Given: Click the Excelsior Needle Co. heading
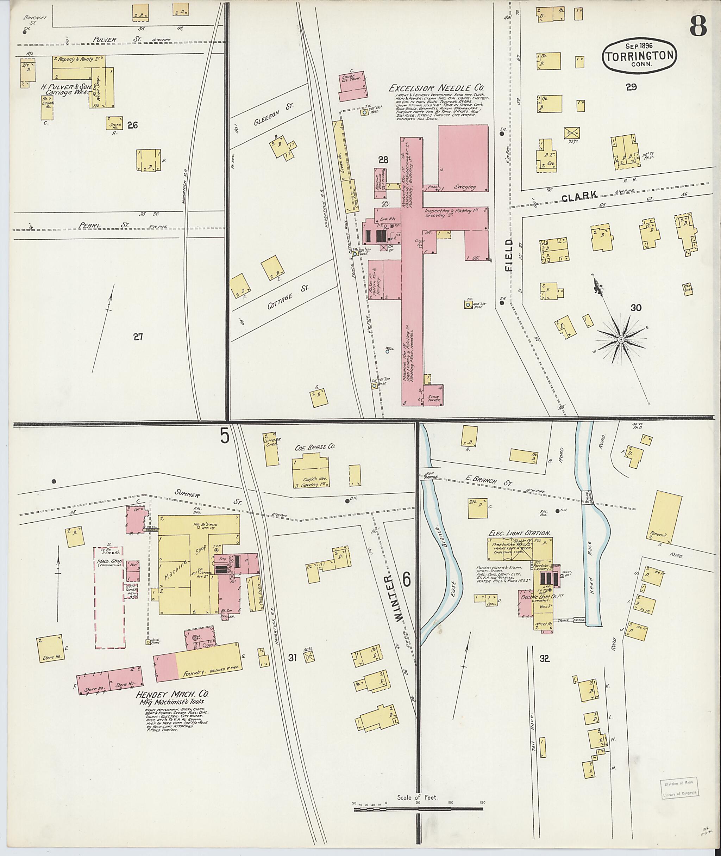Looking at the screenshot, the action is (x=436, y=87).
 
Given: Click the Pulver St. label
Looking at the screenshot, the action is (x=105, y=40).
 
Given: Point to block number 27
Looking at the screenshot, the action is (x=138, y=337).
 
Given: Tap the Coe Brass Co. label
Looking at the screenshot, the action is (x=315, y=447).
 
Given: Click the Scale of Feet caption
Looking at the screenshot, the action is (x=417, y=798).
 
